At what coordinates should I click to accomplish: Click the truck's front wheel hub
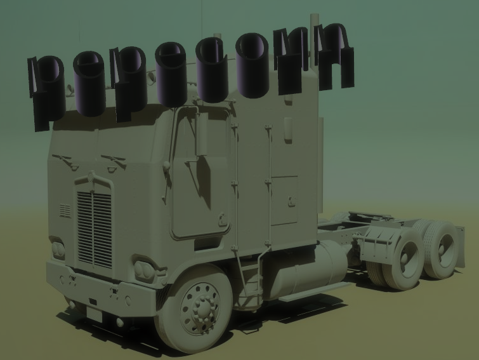tap(200, 309)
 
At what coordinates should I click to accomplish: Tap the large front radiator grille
tap(94, 229)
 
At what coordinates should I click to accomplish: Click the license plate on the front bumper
tap(94, 314)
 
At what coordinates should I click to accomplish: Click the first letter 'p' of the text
tap(46, 91)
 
